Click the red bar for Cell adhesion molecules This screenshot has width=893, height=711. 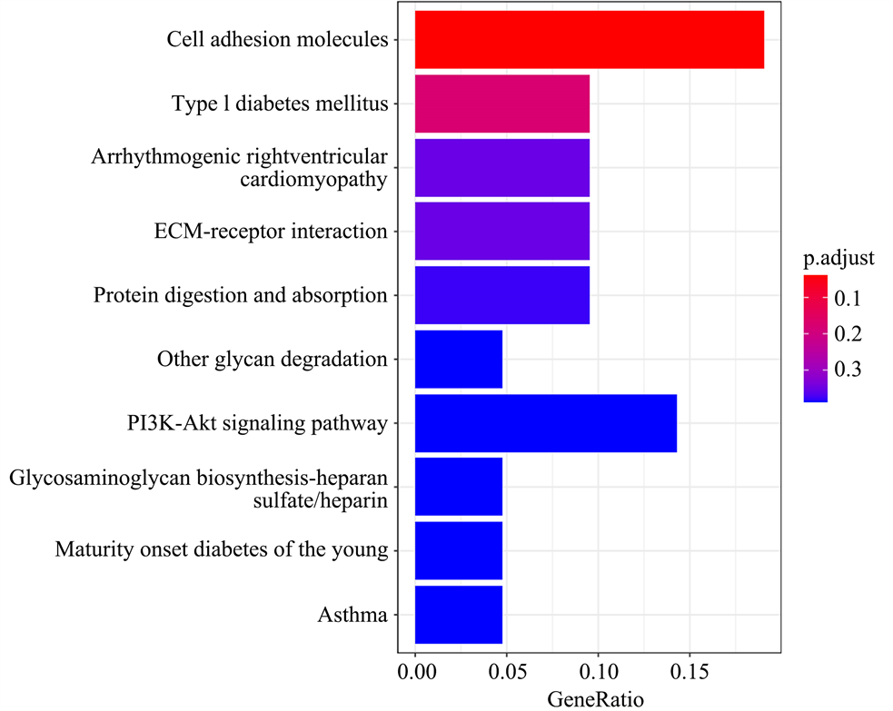pyautogui.click(x=589, y=40)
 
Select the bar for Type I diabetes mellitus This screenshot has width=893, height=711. pyautogui.click(x=501, y=104)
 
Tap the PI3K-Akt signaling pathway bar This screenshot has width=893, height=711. pyautogui.click(x=545, y=423)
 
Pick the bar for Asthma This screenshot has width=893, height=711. pyautogui.click(x=458, y=615)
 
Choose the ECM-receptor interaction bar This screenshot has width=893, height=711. pyautogui.click(x=501, y=232)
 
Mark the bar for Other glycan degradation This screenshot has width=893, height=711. pyautogui.click(x=458, y=360)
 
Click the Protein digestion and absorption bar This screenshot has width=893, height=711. pyautogui.click(x=501, y=295)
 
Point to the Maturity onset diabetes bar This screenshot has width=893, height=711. pyautogui.click(x=458, y=550)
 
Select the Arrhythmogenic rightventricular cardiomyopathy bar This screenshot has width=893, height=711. pyautogui.click(x=501, y=168)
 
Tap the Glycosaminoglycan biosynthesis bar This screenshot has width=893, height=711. pyautogui.click(x=458, y=487)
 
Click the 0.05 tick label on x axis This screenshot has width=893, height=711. pyautogui.click(x=506, y=674)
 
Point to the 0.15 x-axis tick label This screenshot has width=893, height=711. pyautogui.click(x=689, y=674)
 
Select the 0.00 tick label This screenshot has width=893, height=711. pyautogui.click(x=415, y=674)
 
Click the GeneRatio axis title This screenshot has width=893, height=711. pyautogui.click(x=596, y=699)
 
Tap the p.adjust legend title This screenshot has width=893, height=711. pyautogui.click(x=838, y=258)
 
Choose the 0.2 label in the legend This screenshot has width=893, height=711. pyautogui.click(x=848, y=334)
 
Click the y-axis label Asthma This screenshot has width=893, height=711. pyautogui.click(x=352, y=616)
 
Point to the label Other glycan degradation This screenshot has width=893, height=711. pyautogui.click(x=273, y=360)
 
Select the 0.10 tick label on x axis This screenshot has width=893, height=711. pyautogui.click(x=598, y=674)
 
